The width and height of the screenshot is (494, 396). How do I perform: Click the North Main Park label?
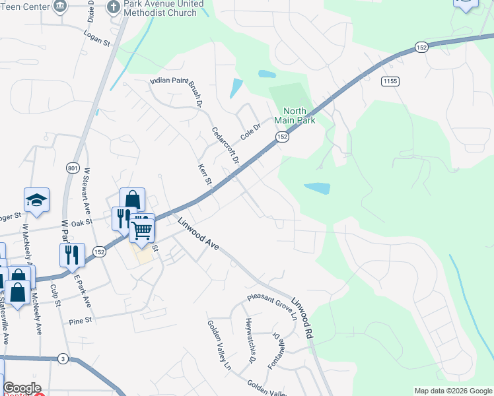(x=299, y=115)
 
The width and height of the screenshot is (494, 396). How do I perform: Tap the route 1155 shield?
(x=389, y=81)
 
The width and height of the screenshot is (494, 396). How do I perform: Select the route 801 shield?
(x=72, y=168)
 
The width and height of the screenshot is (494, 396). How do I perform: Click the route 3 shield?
(x=63, y=358)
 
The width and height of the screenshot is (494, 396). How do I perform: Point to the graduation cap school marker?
(x=37, y=200)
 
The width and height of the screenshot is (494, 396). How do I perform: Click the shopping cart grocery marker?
(x=142, y=230)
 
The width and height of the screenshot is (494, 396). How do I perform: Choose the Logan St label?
(x=97, y=38)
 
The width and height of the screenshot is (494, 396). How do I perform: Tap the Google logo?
(x=22, y=388)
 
